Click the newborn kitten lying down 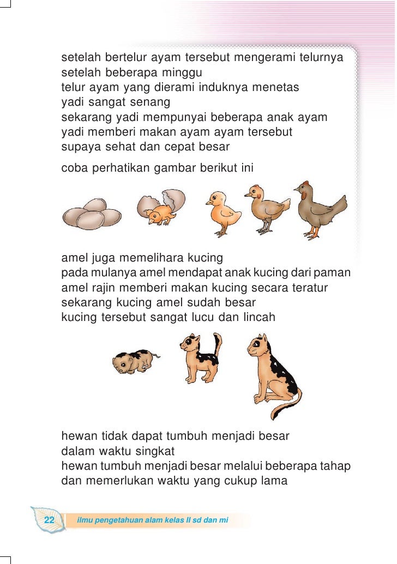134,361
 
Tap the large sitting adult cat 270,371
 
